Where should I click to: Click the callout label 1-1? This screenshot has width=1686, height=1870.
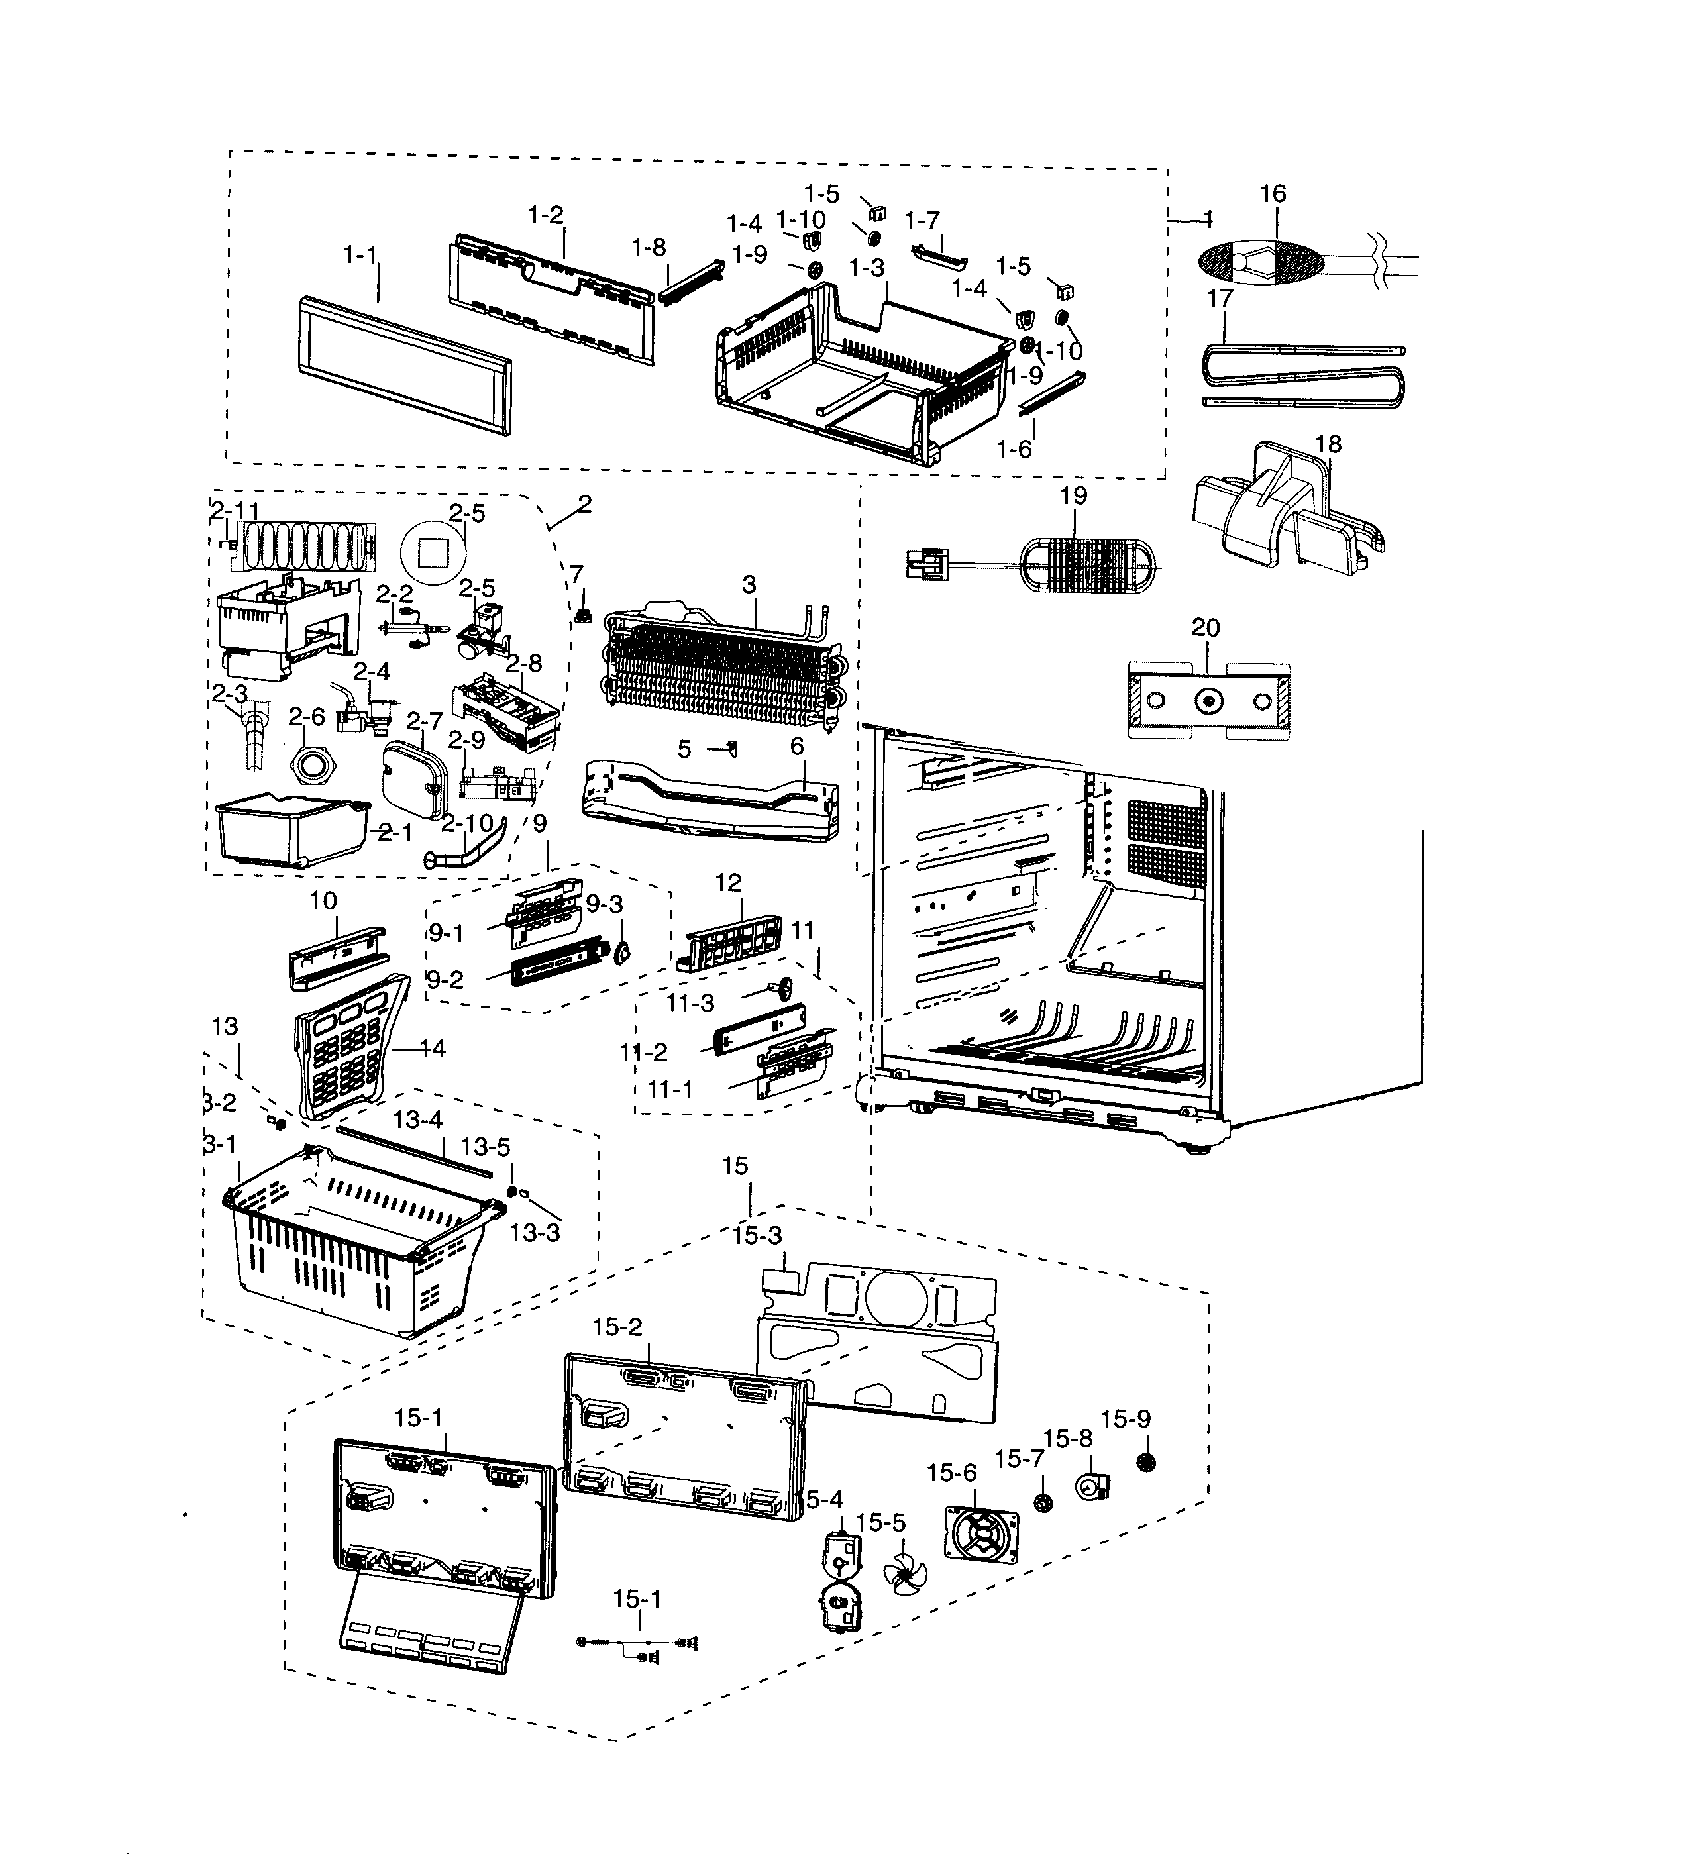[x=360, y=255]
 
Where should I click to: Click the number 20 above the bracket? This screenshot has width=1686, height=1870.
[x=1204, y=627]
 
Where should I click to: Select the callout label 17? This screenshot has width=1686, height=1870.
[x=1220, y=299]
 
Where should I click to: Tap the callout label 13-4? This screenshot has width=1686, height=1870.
[x=418, y=1119]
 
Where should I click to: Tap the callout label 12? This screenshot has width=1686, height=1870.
[x=728, y=883]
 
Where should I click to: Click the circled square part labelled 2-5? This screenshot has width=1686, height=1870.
[x=433, y=553]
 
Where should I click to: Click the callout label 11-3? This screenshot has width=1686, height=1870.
[x=690, y=1003]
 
